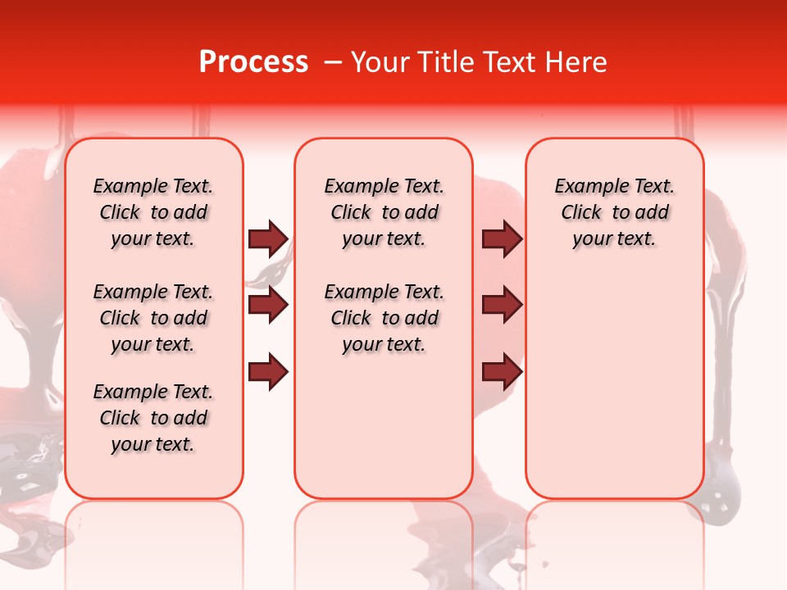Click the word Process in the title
[253, 62]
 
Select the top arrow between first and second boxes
[267, 239]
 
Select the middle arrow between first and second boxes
[267, 306]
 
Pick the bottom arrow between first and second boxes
[267, 372]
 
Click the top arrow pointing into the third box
[502, 239]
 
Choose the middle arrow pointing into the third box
[502, 306]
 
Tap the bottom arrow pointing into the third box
[502, 372]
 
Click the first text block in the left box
[153, 212]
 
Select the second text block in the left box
[153, 318]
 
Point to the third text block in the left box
[153, 418]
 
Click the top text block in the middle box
[384, 212]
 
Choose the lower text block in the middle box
[384, 318]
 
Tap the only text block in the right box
[614, 212]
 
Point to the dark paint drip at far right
[721, 459]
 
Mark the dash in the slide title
[332, 62]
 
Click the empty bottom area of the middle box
[384, 434]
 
